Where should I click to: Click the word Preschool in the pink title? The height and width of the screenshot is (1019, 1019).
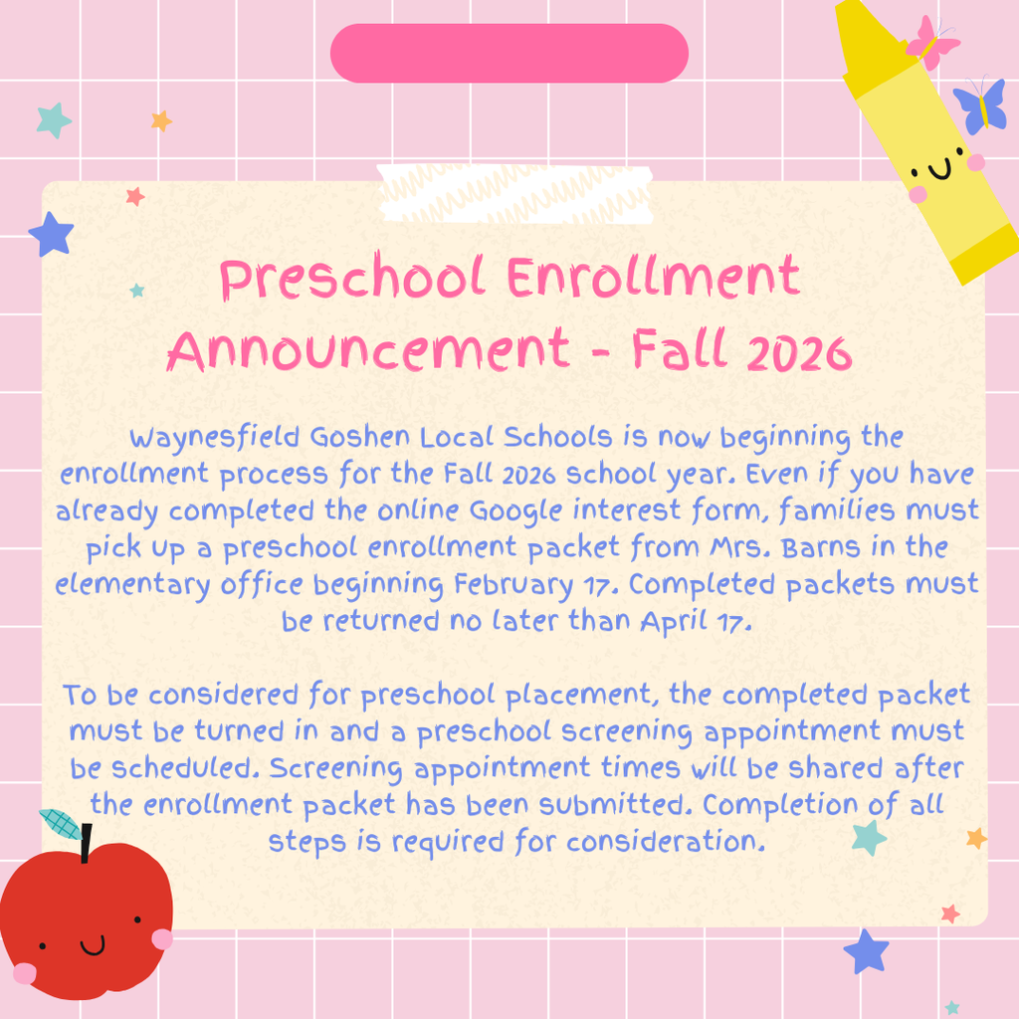coord(352,279)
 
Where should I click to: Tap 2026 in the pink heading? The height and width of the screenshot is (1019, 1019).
coord(799,353)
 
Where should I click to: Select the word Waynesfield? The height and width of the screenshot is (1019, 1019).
coord(215,439)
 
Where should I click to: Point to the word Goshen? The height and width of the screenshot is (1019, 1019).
coord(359,438)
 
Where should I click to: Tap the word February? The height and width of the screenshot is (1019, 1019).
coord(513,585)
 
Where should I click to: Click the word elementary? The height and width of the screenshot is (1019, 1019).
coord(132,585)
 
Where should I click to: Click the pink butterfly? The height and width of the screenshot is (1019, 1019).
coord(932,42)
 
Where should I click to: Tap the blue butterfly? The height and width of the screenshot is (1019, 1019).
coord(980,105)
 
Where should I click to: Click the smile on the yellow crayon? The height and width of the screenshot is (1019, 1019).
coord(939,169)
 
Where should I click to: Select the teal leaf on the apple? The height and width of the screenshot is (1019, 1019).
coord(61,823)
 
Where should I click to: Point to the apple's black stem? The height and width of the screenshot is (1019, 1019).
coord(86,843)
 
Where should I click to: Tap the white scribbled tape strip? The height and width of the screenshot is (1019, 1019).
coord(514,194)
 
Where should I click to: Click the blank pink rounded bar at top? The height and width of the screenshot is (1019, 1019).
coord(509,54)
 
